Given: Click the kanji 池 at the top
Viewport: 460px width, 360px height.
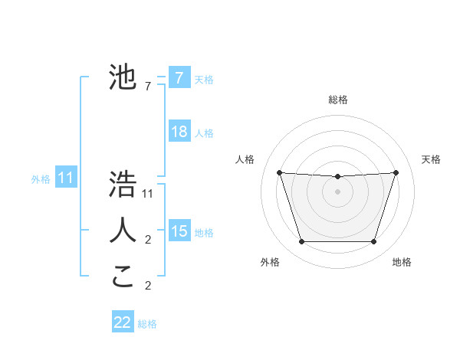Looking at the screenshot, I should coord(123,77).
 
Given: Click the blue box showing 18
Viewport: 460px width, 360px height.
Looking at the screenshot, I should coord(179,132).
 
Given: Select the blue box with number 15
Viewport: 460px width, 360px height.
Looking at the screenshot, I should coord(179,231).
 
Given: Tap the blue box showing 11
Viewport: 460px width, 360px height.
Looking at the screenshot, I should coord(65,178).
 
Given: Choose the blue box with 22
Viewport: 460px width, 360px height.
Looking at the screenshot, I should coord(123,322).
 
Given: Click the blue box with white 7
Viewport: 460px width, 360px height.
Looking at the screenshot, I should coord(179,78).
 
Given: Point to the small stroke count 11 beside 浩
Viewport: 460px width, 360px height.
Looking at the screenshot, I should coord(148,194).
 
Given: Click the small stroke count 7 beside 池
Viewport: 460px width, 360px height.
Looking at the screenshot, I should coord(148,87).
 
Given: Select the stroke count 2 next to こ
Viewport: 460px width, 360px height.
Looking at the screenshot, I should coord(148,286).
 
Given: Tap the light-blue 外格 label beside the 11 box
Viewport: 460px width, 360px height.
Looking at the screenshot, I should coord(41,179).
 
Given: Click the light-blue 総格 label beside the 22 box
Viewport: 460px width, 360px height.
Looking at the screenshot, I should coord(147,324).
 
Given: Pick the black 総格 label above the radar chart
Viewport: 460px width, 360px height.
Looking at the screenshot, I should coord(337,100).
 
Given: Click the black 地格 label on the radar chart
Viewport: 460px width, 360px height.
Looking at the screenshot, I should coord(402,262).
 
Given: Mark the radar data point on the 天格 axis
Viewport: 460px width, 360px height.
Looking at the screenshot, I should coord(396,172).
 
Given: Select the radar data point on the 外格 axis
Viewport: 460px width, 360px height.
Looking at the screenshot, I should coord(301,242).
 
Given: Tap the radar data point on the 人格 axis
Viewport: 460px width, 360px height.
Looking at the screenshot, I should coord(279,172).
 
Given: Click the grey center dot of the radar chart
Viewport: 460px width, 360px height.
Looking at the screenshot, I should coord(337,191).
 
